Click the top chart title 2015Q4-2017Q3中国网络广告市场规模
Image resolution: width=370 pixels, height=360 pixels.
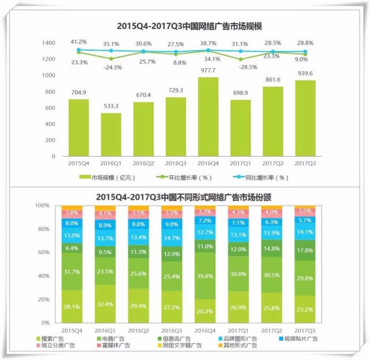pos(186,26)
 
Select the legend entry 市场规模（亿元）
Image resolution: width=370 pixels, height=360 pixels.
pos(108,177)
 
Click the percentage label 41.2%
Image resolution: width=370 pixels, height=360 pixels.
pos(78,42)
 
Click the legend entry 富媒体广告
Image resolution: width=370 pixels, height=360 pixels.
pos(120,346)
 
